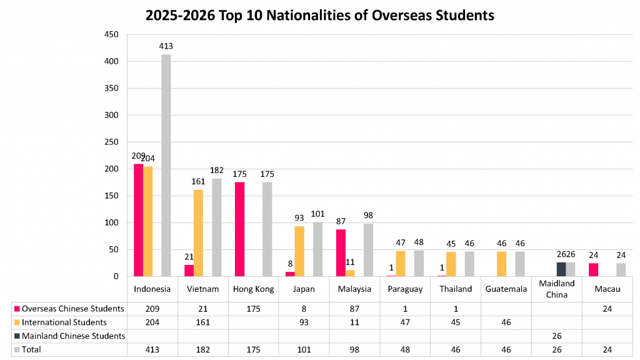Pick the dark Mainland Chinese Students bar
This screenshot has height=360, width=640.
pyautogui.click(x=561, y=269)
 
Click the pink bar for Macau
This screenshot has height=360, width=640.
pyautogui.click(x=593, y=270)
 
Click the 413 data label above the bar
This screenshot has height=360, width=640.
pyautogui.click(x=166, y=46)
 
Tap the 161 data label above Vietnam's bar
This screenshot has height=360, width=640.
pyautogui.click(x=198, y=182)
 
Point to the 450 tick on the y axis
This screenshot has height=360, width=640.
pyautogui.click(x=111, y=35)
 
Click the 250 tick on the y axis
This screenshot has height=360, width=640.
pyautogui.click(x=111, y=142)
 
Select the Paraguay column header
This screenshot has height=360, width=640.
pyautogui.click(x=404, y=289)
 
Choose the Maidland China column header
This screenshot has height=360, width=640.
pyautogui.click(x=556, y=289)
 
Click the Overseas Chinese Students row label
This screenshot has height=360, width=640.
pyautogui.click(x=72, y=308)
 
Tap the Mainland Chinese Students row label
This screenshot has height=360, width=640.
pyautogui.click(x=73, y=336)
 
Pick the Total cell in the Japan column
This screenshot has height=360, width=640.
pyautogui.click(x=303, y=349)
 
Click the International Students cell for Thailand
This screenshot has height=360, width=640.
pyautogui.click(x=455, y=322)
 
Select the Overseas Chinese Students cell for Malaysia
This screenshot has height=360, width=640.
pyautogui.click(x=354, y=308)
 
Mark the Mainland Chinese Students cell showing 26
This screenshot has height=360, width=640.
pyautogui.click(x=556, y=336)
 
